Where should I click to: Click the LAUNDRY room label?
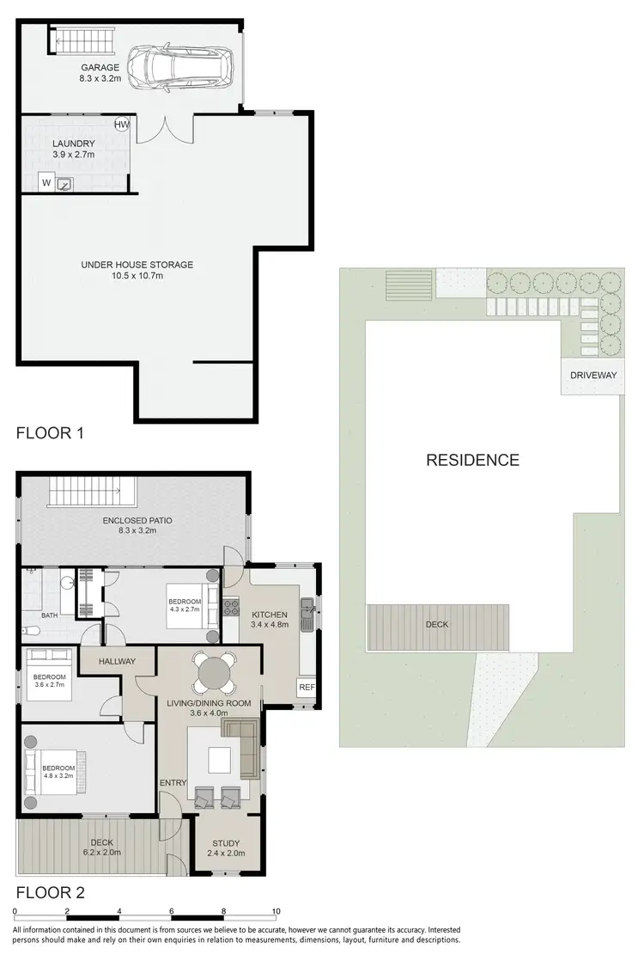coord(73,144)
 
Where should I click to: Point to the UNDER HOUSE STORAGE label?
coord(137,265)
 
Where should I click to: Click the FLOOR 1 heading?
coord(51,433)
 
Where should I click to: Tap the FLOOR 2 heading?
coord(51,891)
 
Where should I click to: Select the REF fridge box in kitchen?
coord(306,688)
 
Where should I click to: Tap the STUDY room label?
coord(222,843)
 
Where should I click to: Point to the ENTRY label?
coord(173,782)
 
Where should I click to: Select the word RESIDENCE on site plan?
coord(472,460)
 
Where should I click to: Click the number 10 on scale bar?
coord(276,911)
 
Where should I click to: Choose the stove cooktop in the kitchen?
coord(230,607)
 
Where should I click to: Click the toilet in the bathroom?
coord(28,632)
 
